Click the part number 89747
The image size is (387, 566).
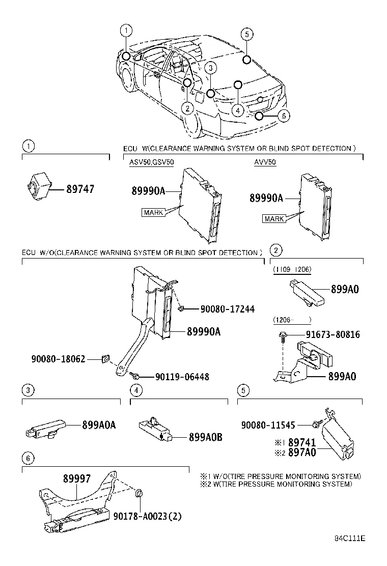point(80,189)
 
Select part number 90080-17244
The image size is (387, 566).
point(227,309)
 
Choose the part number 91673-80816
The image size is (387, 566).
point(333,335)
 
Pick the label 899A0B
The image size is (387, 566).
point(205,436)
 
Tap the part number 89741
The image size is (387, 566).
point(302,443)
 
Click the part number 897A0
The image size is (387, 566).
point(302,452)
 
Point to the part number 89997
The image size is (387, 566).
point(77,479)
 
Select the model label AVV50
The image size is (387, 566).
point(265,163)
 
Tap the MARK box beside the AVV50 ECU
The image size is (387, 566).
point(274,219)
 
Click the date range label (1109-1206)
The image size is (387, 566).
point(292,269)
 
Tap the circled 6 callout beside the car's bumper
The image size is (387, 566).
point(283,116)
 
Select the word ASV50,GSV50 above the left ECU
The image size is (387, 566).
point(152,163)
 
